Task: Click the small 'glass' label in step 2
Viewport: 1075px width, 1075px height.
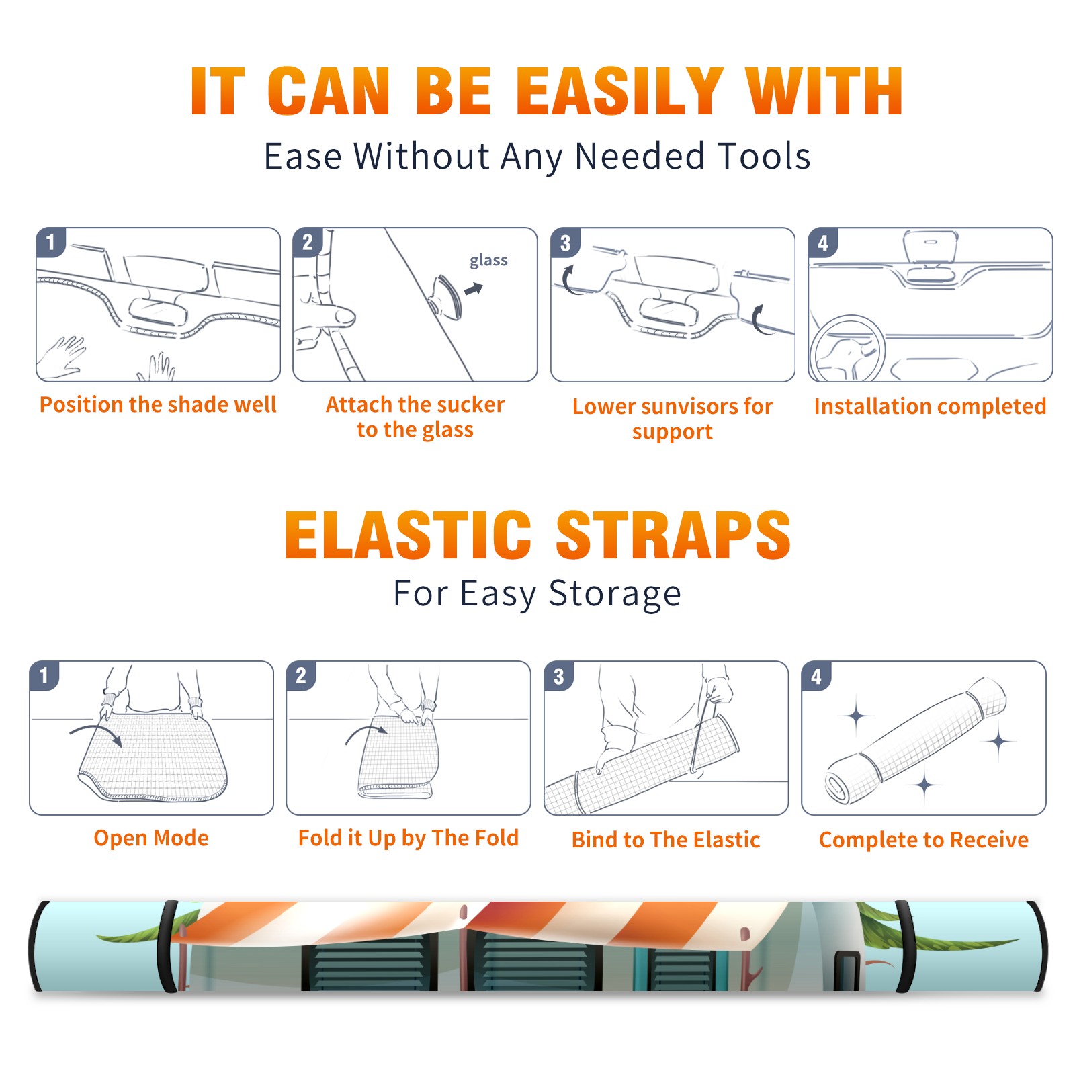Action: (488, 260)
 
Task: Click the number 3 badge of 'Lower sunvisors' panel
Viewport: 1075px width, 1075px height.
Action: (565, 243)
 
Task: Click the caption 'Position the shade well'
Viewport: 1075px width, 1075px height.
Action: (158, 404)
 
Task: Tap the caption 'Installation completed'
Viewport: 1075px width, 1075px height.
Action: (930, 406)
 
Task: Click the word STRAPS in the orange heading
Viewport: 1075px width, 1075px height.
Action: (673, 535)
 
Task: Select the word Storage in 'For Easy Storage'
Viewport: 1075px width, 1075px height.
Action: (615, 594)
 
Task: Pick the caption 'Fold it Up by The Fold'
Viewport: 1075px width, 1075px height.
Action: (408, 838)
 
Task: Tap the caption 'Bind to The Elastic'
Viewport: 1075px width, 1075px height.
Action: (666, 840)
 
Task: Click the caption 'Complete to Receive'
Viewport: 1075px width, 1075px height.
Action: (924, 840)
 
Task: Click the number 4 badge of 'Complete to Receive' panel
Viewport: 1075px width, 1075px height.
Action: (816, 676)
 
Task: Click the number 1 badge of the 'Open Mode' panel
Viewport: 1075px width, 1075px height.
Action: (44, 676)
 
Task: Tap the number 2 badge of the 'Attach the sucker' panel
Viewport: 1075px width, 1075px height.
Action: (308, 243)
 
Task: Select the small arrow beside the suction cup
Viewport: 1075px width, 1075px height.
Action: (474, 289)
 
